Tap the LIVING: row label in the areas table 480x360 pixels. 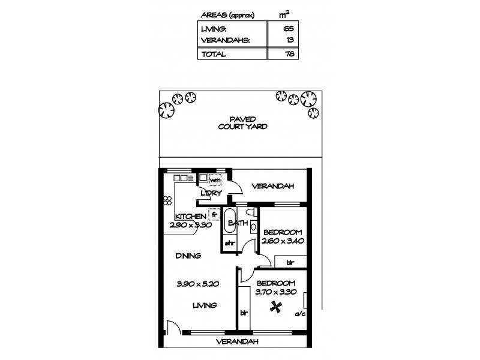coord(214,28)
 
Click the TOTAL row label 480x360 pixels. coord(214,54)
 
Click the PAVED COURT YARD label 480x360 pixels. coord(242,123)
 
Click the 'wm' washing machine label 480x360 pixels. coord(215,179)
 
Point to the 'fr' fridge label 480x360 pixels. coord(214,214)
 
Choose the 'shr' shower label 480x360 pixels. coord(230,243)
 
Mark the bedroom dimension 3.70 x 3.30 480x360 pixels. coord(275,292)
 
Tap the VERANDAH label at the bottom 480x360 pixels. coord(238,342)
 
